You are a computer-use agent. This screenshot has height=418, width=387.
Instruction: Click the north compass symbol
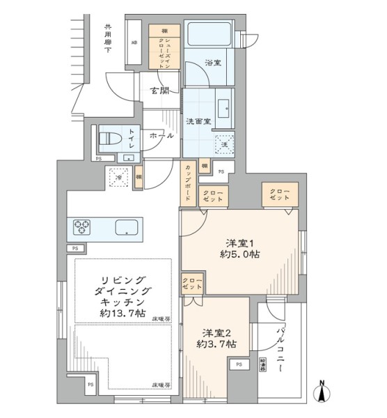click(322, 392)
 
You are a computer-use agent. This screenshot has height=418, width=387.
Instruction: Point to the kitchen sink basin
click(127, 227)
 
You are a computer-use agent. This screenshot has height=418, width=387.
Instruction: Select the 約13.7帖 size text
click(122, 315)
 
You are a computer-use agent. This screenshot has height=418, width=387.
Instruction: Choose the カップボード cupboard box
click(189, 183)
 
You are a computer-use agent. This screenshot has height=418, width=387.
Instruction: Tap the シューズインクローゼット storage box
click(165, 48)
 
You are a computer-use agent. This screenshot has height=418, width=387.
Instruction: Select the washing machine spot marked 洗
click(223, 144)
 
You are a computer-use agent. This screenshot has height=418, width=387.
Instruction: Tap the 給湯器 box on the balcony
click(263, 364)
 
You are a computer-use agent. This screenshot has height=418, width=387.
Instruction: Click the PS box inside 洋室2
click(239, 364)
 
